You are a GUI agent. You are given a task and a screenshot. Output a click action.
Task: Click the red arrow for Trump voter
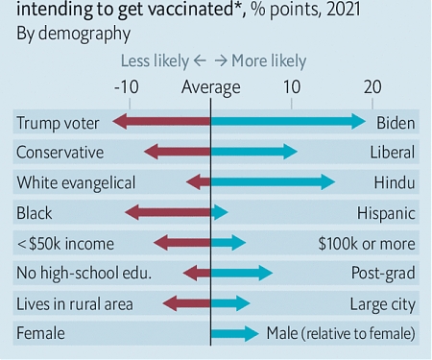(161, 122)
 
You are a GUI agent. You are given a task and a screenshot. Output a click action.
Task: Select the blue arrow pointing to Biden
(288, 122)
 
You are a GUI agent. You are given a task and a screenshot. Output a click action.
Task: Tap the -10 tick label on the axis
(127, 87)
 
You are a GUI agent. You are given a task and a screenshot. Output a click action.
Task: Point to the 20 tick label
(372, 87)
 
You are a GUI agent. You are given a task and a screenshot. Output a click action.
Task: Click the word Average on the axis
(211, 87)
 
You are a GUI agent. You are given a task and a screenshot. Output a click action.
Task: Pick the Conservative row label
(60, 153)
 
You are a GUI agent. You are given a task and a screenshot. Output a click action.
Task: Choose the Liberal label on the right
(393, 153)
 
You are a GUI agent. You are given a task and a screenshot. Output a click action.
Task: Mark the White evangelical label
(76, 182)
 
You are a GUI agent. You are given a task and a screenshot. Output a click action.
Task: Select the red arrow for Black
(168, 213)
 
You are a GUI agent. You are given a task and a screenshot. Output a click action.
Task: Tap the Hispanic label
(386, 213)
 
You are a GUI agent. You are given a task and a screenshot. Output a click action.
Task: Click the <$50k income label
(65, 244)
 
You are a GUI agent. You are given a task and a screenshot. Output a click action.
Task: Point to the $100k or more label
(367, 244)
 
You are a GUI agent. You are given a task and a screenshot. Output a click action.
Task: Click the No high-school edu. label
(84, 274)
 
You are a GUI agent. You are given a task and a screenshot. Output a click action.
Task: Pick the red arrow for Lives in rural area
(187, 304)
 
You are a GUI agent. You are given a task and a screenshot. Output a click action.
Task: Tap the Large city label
(383, 304)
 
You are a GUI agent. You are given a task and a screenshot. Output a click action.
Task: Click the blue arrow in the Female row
(235, 334)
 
